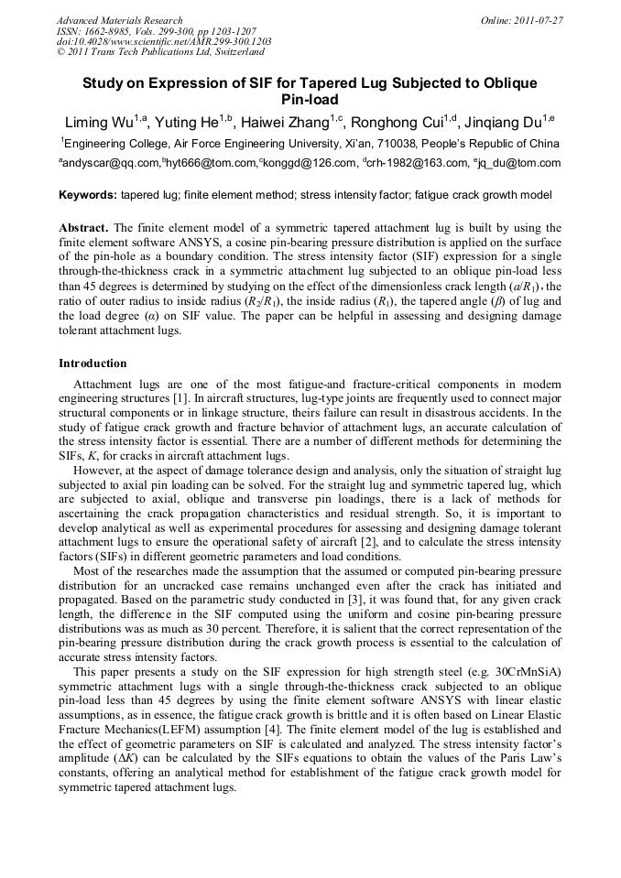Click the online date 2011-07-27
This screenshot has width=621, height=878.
coord(537,20)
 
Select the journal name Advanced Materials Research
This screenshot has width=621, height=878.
coord(119,20)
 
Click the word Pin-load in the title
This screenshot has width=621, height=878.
coord(310,99)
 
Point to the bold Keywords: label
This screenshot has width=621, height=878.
coord(88,195)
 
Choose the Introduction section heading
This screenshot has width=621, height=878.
coord(93,363)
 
